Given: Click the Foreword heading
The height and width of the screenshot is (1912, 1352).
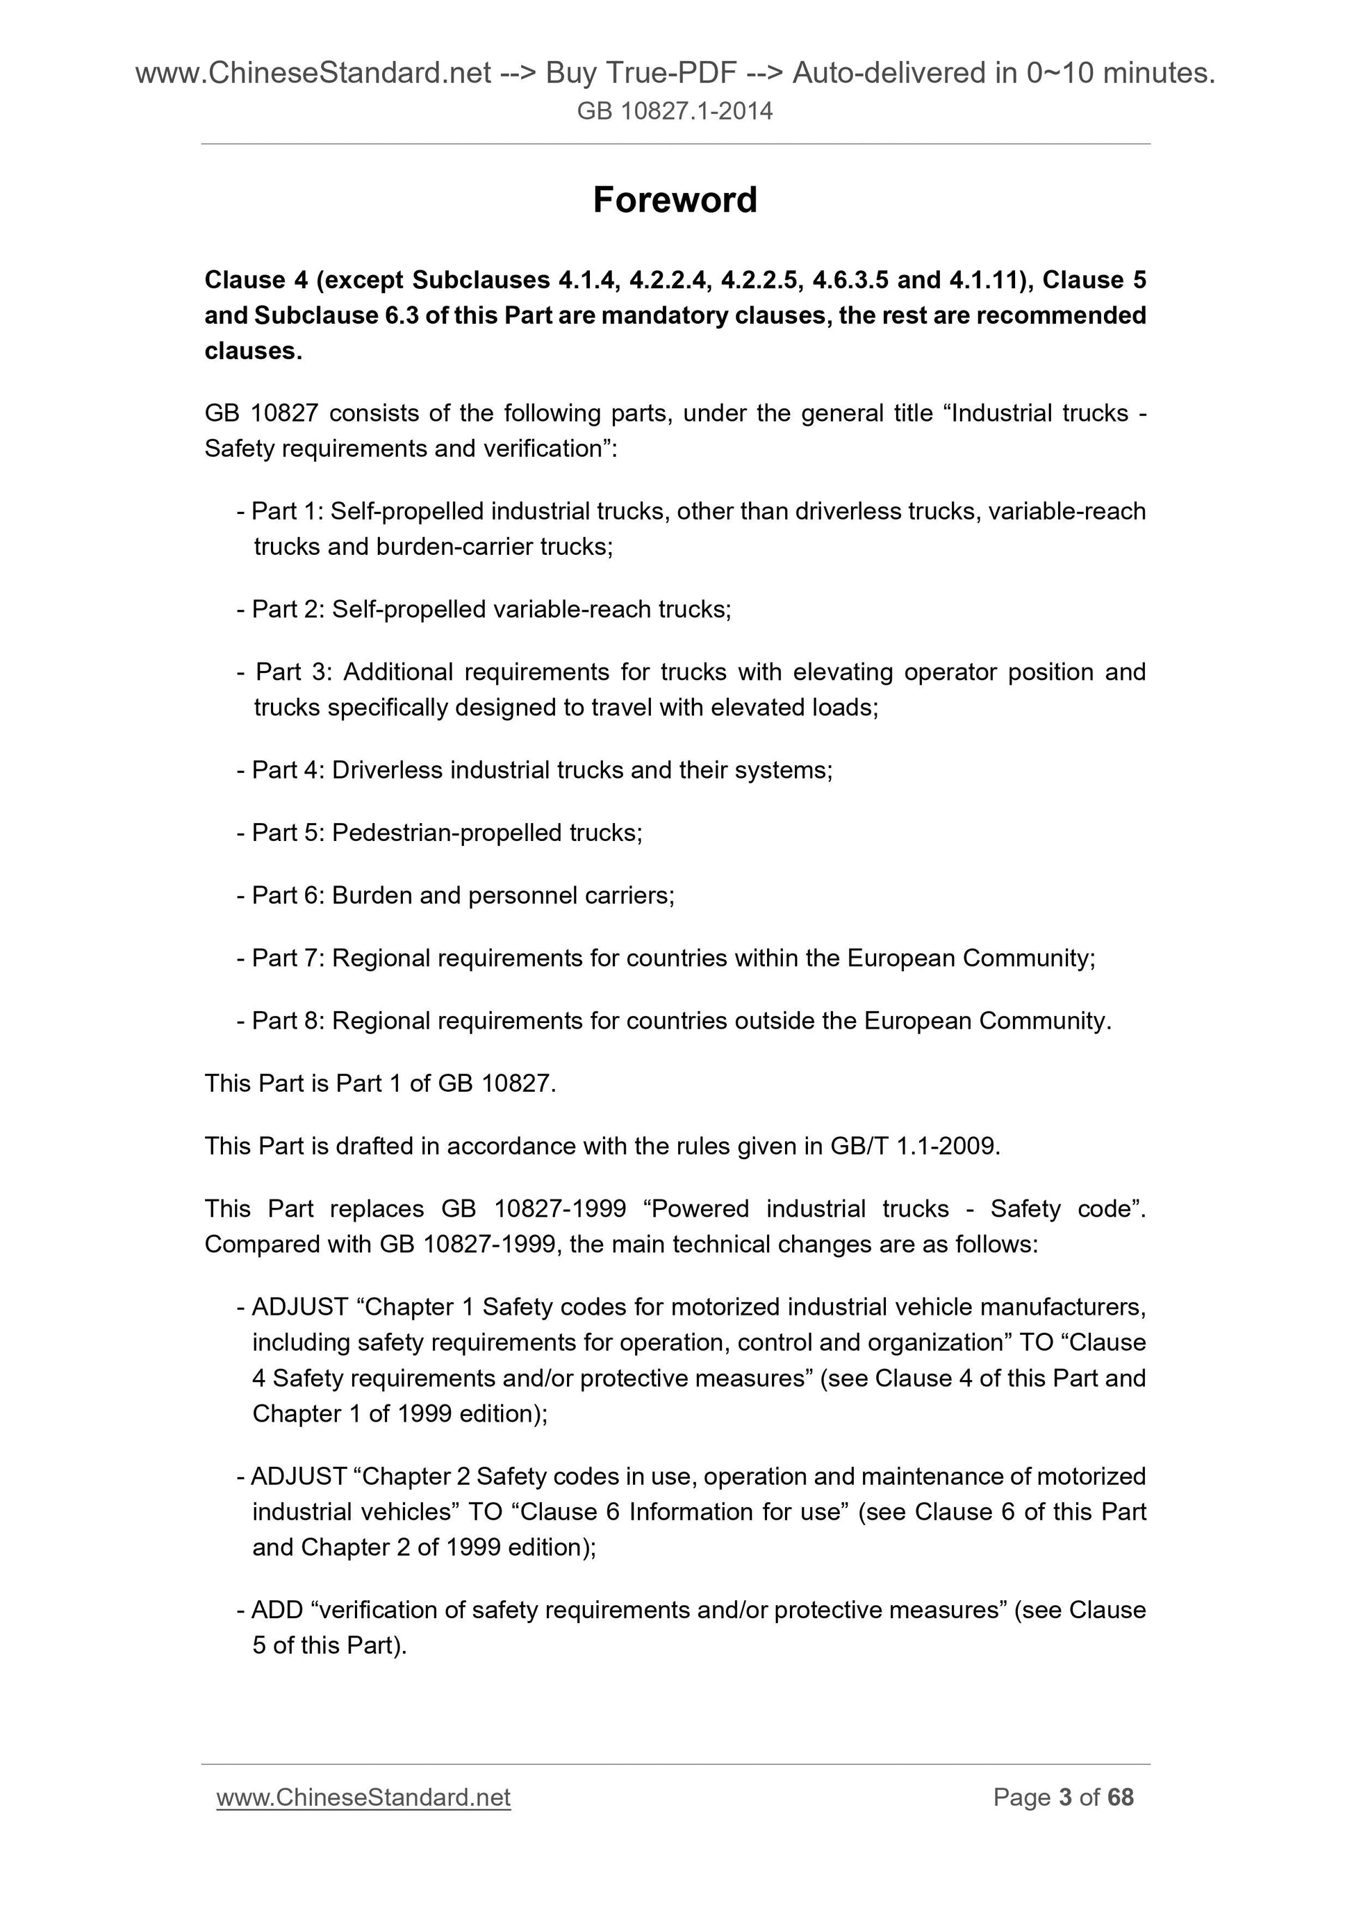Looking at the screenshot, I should point(675,201).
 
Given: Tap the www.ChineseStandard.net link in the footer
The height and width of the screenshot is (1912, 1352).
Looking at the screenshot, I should point(363,1797).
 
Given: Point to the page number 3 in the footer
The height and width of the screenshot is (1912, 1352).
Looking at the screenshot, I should point(1064,1797).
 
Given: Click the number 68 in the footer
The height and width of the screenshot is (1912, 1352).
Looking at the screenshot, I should point(1121,1797).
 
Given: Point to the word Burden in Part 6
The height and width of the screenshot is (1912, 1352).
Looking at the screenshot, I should point(372,895).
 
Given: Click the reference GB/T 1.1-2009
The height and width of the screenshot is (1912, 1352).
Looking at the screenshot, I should point(913,1147).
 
